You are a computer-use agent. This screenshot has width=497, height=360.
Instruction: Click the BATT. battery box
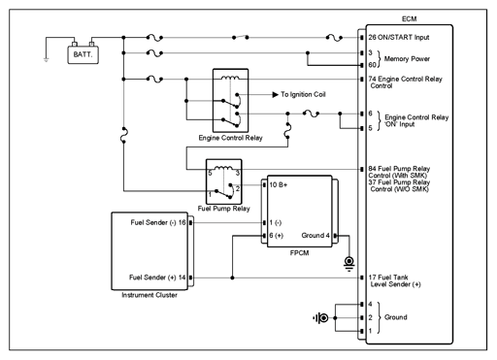(x=83, y=54)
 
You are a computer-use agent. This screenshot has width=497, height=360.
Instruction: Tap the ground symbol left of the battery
(x=46, y=60)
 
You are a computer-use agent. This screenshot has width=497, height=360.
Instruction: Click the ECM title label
(x=409, y=19)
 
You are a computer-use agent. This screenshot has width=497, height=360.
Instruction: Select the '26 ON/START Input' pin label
(x=399, y=37)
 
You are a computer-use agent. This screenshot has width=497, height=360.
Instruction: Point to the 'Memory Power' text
(x=407, y=59)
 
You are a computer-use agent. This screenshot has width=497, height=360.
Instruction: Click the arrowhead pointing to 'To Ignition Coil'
(x=276, y=94)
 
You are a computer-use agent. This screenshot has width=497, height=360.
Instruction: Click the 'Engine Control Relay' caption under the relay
(x=230, y=138)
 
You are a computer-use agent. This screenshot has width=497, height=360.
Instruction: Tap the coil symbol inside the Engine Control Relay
(x=230, y=78)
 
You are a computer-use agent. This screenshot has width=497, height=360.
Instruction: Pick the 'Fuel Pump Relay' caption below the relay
(x=223, y=209)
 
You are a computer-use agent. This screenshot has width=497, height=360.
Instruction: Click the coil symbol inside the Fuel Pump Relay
(x=223, y=168)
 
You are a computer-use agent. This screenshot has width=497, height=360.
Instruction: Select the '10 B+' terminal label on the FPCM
(x=279, y=185)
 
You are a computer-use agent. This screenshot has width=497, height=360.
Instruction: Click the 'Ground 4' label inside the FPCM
(x=315, y=236)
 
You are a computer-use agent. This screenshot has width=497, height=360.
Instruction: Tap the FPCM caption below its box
(x=299, y=253)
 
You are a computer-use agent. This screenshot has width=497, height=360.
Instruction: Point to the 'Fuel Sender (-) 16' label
(x=158, y=222)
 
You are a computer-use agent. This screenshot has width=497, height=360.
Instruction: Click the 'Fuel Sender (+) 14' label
(x=157, y=278)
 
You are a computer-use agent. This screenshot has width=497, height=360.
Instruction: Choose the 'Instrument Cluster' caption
(x=149, y=295)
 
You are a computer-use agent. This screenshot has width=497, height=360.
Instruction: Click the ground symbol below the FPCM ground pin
(x=349, y=264)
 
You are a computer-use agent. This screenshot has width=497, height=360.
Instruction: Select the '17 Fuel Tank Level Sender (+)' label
(x=395, y=280)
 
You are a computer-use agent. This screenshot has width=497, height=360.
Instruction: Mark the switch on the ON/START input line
(x=241, y=37)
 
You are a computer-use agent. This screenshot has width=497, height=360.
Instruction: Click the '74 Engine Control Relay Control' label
(x=405, y=82)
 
